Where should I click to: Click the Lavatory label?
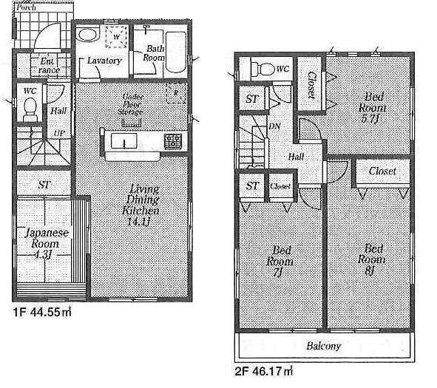pyautogui.click(x=104, y=61)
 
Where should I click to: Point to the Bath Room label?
pyautogui.click(x=153, y=52)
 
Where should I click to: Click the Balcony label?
pyautogui.click(x=323, y=346)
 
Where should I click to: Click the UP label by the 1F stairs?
pyautogui.click(x=58, y=134)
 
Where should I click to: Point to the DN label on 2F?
pyautogui.click(x=273, y=127)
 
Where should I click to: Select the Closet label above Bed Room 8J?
pyautogui.click(x=382, y=171)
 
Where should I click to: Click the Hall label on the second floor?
pyautogui.click(x=297, y=157)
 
